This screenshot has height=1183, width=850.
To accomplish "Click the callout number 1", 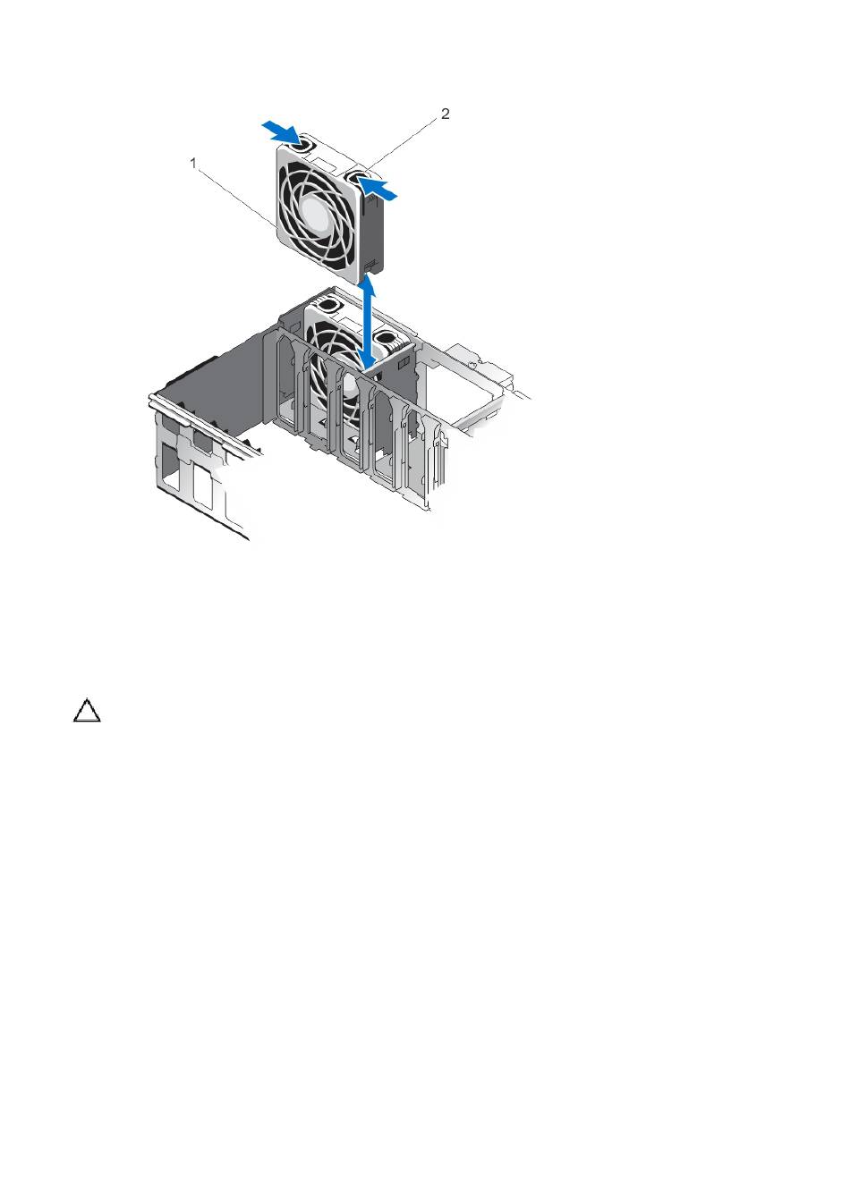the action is coord(193,164).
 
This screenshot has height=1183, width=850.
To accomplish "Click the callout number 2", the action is coord(445,114).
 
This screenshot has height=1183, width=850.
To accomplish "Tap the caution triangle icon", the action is coord(87,710).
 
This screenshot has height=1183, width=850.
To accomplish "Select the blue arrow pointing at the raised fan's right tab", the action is coord(378,188).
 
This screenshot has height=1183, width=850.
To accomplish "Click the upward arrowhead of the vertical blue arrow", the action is coord(371,286).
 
